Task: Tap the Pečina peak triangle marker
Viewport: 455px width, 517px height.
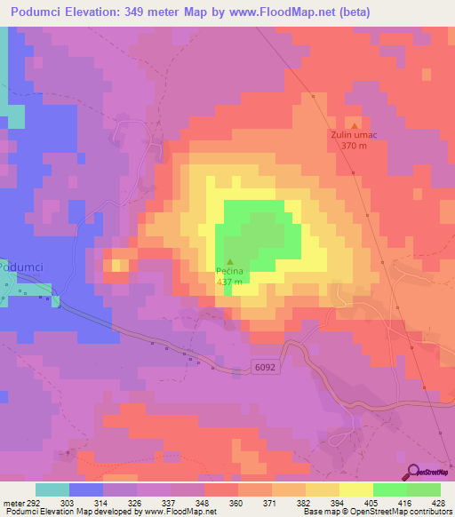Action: pos(231,262)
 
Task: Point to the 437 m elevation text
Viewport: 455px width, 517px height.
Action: pos(229,282)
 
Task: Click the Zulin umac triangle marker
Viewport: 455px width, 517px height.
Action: pos(355,125)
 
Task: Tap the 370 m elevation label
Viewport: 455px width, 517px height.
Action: pos(354,146)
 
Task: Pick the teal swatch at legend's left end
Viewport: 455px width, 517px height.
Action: pos(52,489)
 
